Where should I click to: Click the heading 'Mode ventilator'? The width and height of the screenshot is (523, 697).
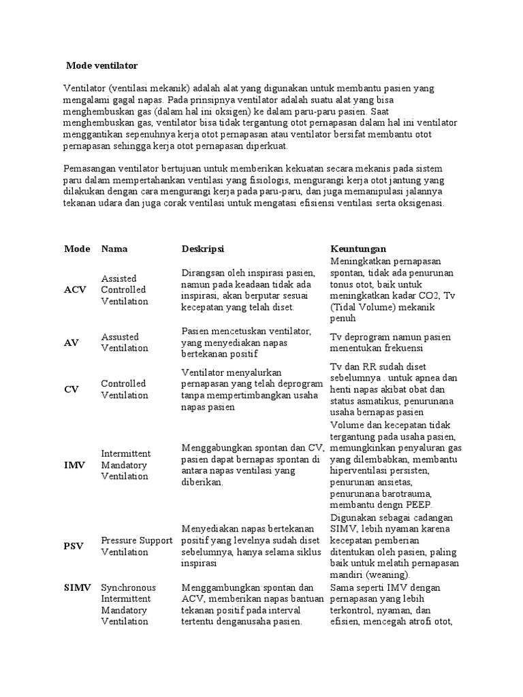[x=101, y=66]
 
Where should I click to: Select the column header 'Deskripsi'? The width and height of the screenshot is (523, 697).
[x=203, y=248]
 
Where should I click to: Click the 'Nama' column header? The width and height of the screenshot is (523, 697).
[x=114, y=248]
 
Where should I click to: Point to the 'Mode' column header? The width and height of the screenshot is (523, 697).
[x=77, y=248]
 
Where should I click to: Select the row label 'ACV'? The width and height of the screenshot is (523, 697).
[x=76, y=289]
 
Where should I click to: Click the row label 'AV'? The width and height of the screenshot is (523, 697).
[x=72, y=342]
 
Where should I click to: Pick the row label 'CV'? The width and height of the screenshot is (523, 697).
[x=72, y=389]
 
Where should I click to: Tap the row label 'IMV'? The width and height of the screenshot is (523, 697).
[x=74, y=465]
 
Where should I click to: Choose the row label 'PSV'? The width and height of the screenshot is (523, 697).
[x=74, y=546]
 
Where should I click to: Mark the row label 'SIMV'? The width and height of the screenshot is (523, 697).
[x=78, y=587]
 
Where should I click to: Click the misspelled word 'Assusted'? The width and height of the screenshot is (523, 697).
[x=120, y=336]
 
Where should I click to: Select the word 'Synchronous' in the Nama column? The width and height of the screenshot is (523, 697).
[x=128, y=587]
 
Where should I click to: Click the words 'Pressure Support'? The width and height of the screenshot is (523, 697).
[x=137, y=540]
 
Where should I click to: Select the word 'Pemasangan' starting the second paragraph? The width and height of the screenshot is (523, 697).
[x=91, y=167]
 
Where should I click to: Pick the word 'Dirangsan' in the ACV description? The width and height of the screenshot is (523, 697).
[x=202, y=272]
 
